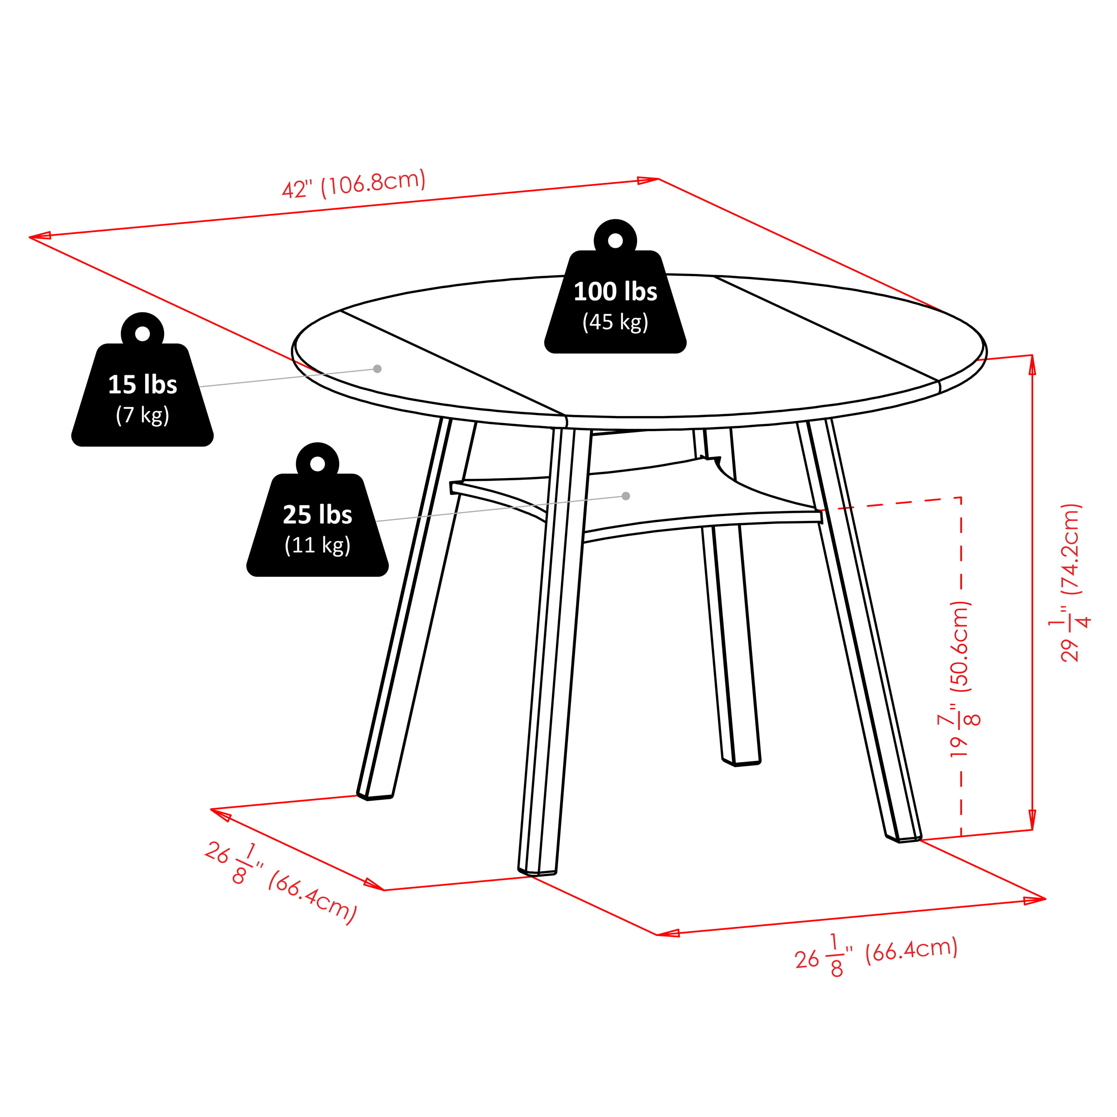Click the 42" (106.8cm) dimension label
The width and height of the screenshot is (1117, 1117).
click(x=354, y=184)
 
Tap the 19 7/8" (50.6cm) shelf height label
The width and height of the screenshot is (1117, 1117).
click(x=960, y=679)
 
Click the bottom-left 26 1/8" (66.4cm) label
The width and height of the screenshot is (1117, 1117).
click(x=281, y=883)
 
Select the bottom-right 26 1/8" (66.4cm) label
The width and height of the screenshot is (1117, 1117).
click(x=876, y=960)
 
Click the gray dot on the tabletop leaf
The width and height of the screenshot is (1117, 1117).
click(x=378, y=369)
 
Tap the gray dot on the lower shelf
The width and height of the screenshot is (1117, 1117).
click(x=626, y=496)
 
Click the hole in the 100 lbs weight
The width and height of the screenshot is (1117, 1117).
click(x=615, y=240)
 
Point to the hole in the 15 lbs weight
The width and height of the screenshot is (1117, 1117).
click(x=142, y=334)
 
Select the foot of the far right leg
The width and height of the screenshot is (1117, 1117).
click(x=903, y=836)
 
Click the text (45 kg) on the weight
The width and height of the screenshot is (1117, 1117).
click(x=615, y=322)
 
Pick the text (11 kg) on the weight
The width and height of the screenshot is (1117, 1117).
click(x=317, y=545)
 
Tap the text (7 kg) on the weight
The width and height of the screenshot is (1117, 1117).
click(x=142, y=415)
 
